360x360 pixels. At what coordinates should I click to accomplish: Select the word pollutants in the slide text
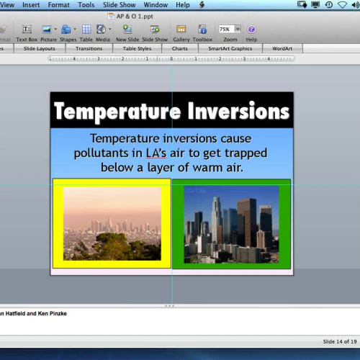101,153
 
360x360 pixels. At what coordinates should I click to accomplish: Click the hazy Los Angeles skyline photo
112,224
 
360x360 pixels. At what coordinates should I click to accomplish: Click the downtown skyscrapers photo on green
231,224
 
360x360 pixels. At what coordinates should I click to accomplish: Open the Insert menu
31,5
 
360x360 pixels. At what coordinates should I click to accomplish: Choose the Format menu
58,5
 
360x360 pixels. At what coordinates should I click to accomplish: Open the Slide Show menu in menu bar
120,5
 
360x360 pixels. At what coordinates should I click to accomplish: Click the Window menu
156,5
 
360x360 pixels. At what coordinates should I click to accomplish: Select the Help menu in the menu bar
183,5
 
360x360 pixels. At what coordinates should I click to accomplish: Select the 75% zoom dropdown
229,30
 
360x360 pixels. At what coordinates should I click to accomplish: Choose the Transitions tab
89,49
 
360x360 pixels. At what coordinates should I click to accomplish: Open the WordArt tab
282,49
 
